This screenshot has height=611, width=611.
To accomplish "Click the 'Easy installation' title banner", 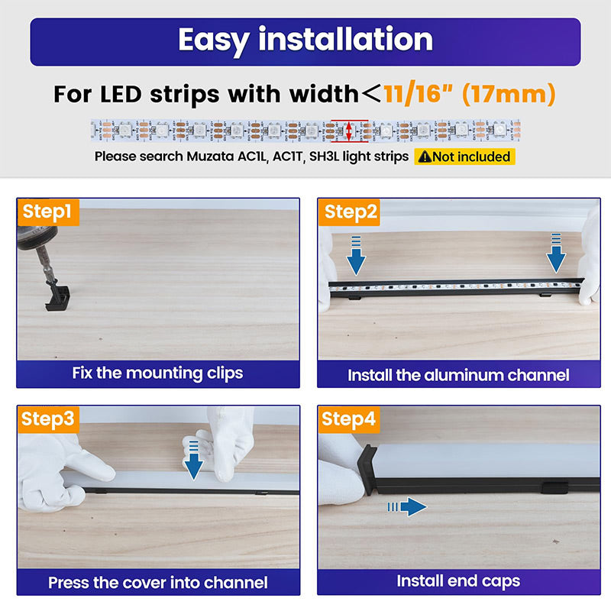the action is pyautogui.click(x=305, y=42).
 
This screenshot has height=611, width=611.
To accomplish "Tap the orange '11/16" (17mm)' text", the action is pyautogui.click(x=470, y=94).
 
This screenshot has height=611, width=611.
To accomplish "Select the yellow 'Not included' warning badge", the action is pyautogui.click(x=464, y=157).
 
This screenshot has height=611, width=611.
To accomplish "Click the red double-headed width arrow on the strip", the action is pyautogui.click(x=349, y=131).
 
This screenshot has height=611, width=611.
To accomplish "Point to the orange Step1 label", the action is pyautogui.click(x=48, y=212).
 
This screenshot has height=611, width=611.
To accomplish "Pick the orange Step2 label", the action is pyautogui.click(x=349, y=212).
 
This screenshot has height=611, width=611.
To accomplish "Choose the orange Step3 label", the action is pyautogui.click(x=48, y=419).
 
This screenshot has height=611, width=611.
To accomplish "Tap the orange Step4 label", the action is pyautogui.click(x=349, y=419).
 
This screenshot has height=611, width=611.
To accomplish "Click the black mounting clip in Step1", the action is pyautogui.click(x=58, y=298).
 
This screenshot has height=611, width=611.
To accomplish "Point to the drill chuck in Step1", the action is pyautogui.click(x=37, y=238).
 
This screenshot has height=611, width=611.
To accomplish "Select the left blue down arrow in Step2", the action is pyautogui.click(x=356, y=256).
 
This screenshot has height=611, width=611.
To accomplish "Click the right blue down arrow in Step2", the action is pyautogui.click(x=556, y=253).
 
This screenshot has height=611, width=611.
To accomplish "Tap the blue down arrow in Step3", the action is pyautogui.click(x=194, y=461).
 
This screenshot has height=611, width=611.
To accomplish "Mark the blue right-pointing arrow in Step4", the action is pyautogui.click(x=407, y=506).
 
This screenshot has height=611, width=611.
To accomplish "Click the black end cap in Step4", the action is pyautogui.click(x=367, y=470).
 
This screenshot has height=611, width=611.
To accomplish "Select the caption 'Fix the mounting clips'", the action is pyautogui.click(x=157, y=373).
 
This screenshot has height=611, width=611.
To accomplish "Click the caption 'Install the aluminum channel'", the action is pyautogui.click(x=458, y=375).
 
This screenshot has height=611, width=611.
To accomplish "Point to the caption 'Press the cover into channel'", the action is pyautogui.click(x=158, y=583).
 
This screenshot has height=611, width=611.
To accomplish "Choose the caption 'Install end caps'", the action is pyautogui.click(x=458, y=581).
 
